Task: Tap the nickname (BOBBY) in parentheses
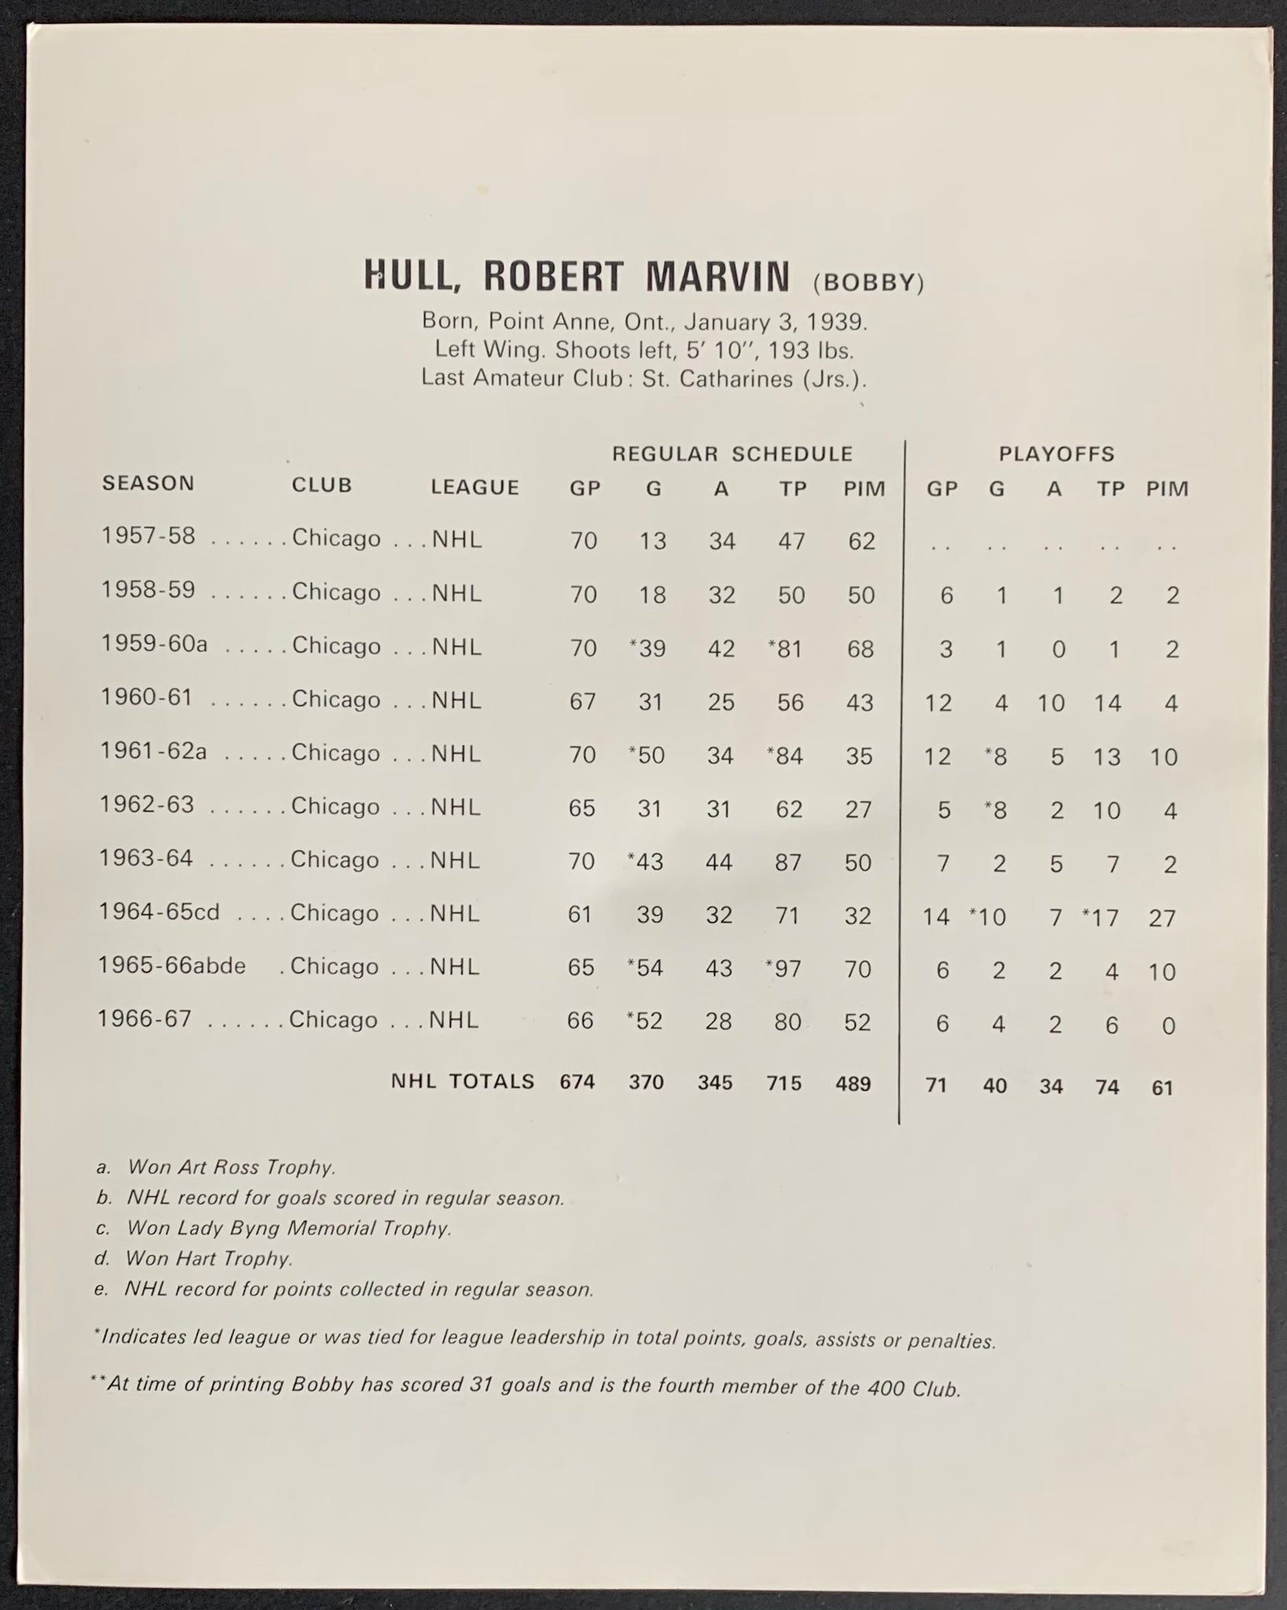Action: [869, 282]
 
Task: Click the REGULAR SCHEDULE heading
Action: [732, 454]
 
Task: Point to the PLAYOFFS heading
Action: [1057, 454]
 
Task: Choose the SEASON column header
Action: [148, 483]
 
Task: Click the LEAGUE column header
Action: [475, 487]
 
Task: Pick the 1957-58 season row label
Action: [148, 536]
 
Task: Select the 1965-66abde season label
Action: [171, 965]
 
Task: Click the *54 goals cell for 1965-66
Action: [646, 968]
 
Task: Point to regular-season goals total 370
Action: [645, 1083]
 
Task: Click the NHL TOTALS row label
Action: [463, 1081]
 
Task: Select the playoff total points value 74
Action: [1107, 1087]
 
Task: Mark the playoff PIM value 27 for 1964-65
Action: [1161, 917]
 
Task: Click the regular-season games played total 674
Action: [577, 1082]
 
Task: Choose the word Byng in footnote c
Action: [262, 1227]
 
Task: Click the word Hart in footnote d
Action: [186, 1259]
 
